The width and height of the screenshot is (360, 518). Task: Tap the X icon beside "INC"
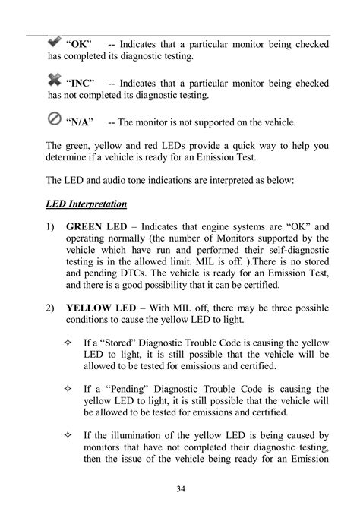(x=55, y=79)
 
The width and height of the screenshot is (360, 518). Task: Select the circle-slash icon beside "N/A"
(x=55, y=119)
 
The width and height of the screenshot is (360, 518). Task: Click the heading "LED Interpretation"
(x=87, y=205)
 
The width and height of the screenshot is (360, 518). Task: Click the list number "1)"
(x=51, y=226)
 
